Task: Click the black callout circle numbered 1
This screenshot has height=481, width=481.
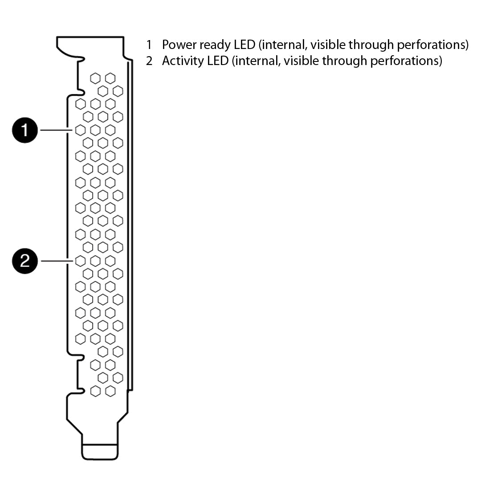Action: [x=25, y=130]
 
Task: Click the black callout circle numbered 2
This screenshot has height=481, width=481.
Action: [x=25, y=261]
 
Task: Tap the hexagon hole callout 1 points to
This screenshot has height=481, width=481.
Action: [x=80, y=130]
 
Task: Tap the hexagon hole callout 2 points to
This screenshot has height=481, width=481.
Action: [x=80, y=261]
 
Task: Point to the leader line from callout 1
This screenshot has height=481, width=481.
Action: [x=57, y=130]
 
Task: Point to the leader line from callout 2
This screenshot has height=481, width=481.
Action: [x=57, y=261]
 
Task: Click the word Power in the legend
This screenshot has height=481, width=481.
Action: [x=179, y=45]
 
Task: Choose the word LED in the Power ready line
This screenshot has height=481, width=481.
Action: [x=245, y=45]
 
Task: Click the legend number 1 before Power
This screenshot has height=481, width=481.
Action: [x=149, y=45]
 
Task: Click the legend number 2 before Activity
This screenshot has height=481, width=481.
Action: [x=149, y=61]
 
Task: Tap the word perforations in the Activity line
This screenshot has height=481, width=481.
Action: [x=406, y=61]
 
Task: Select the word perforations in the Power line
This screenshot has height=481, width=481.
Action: [x=433, y=45]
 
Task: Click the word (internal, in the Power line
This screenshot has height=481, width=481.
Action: [x=283, y=45]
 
